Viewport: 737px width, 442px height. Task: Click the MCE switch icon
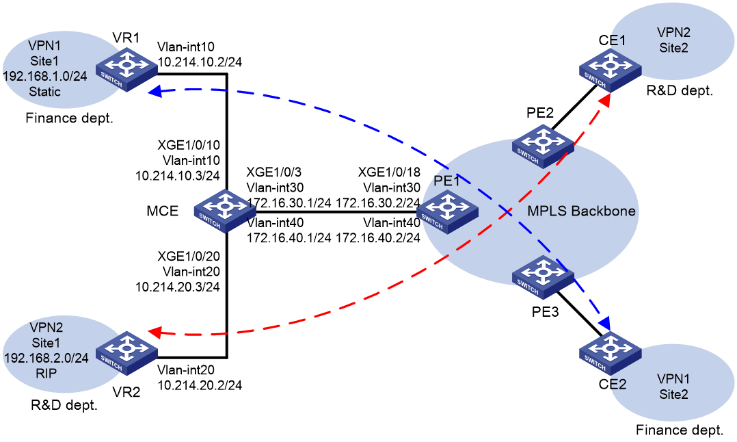[x=225, y=211]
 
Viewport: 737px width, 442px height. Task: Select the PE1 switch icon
[x=447, y=213]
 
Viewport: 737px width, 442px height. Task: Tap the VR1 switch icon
[x=126, y=70]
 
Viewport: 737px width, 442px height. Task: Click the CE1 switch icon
[x=610, y=70]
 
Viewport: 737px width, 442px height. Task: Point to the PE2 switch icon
[x=543, y=146]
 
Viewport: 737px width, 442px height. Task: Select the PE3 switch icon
[x=543, y=277]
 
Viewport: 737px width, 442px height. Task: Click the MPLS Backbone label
[x=581, y=211]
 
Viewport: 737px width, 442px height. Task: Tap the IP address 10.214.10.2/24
[x=200, y=62]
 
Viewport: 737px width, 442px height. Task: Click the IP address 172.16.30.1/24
[x=289, y=203]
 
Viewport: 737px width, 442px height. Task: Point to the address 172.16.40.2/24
[x=378, y=238]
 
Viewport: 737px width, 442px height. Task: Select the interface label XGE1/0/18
[x=389, y=172]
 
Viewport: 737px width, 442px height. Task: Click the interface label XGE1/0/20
[x=189, y=257]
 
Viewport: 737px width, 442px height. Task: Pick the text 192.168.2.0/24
[x=46, y=359]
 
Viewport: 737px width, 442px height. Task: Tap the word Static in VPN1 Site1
[x=44, y=92]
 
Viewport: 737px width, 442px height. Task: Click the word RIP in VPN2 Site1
[x=46, y=374]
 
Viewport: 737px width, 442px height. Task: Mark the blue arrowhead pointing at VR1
[x=155, y=91]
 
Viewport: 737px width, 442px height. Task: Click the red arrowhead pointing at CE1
[x=605, y=100]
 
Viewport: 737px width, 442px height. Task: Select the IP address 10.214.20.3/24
[x=178, y=287]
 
